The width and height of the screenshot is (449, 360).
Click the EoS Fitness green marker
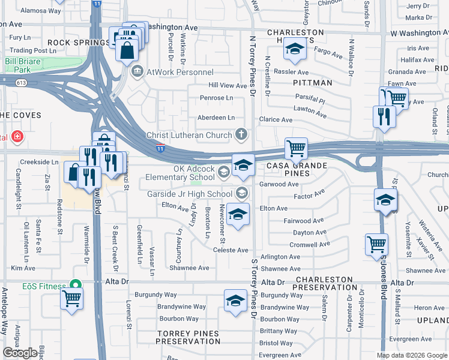76,285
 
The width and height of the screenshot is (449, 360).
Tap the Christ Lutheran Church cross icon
241,134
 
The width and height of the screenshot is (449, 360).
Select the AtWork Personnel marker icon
138,72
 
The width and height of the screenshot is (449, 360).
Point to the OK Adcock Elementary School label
180,172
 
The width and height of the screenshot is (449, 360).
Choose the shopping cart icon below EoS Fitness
72,298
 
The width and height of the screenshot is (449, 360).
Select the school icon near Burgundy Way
236,300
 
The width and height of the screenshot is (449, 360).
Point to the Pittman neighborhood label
313,82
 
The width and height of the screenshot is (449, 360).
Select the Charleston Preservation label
323,283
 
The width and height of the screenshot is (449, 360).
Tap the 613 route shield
22,82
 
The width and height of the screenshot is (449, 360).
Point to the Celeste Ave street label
231,250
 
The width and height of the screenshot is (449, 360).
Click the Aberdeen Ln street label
214,118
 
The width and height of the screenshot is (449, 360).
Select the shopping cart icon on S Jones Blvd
376,244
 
